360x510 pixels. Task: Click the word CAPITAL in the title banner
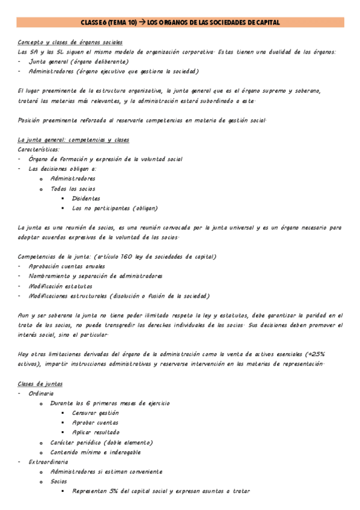click(x=266, y=22)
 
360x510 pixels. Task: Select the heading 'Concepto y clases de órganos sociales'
click(x=70, y=42)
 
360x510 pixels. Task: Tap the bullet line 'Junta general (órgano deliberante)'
click(x=74, y=61)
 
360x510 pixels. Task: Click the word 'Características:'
click(x=39, y=149)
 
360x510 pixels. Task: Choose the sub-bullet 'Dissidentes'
click(x=86, y=198)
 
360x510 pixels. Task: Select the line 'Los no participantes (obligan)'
click(x=115, y=208)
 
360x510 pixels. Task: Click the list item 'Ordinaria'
click(x=42, y=393)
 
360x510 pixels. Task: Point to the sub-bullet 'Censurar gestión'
click(x=95, y=413)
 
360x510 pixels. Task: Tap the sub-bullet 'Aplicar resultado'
click(x=95, y=432)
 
